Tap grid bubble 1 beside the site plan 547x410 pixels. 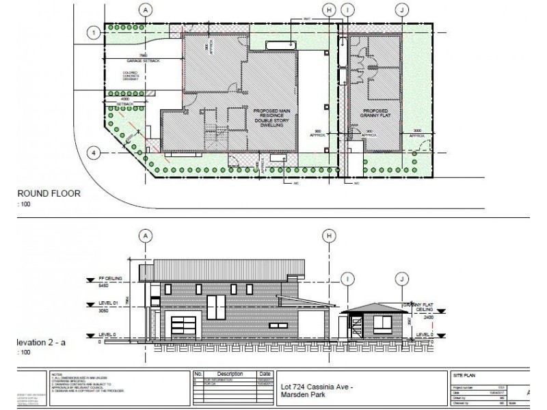[x=92, y=32]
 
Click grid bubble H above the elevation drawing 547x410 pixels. [x=330, y=235]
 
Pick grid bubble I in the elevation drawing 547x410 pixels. [x=348, y=278]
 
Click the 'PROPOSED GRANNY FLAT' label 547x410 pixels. [x=375, y=114]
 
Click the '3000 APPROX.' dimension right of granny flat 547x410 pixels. [x=418, y=135]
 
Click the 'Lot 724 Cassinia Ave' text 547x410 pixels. [x=316, y=387]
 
